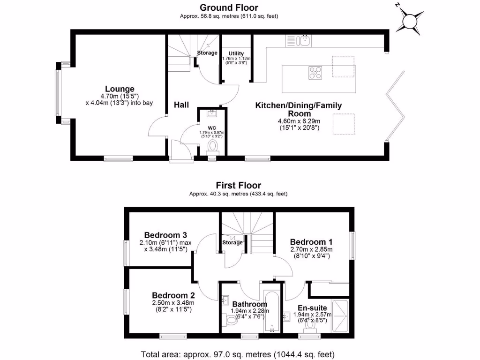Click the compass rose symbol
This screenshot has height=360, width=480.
[411, 21]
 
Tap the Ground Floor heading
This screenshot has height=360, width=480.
[229, 7]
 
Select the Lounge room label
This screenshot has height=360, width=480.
[120, 89]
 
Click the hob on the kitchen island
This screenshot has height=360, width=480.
[315, 73]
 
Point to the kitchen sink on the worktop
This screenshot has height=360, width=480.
[305, 40]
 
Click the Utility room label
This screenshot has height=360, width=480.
[236, 53]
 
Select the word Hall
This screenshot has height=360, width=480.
[181, 105]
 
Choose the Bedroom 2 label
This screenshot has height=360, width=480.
[173, 295]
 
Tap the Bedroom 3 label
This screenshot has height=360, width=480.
[165, 235]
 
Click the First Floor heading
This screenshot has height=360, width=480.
[238, 186]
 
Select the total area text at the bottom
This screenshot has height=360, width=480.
[238, 354]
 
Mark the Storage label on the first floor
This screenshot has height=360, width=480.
[232, 242]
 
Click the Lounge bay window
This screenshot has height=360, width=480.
[58, 92]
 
